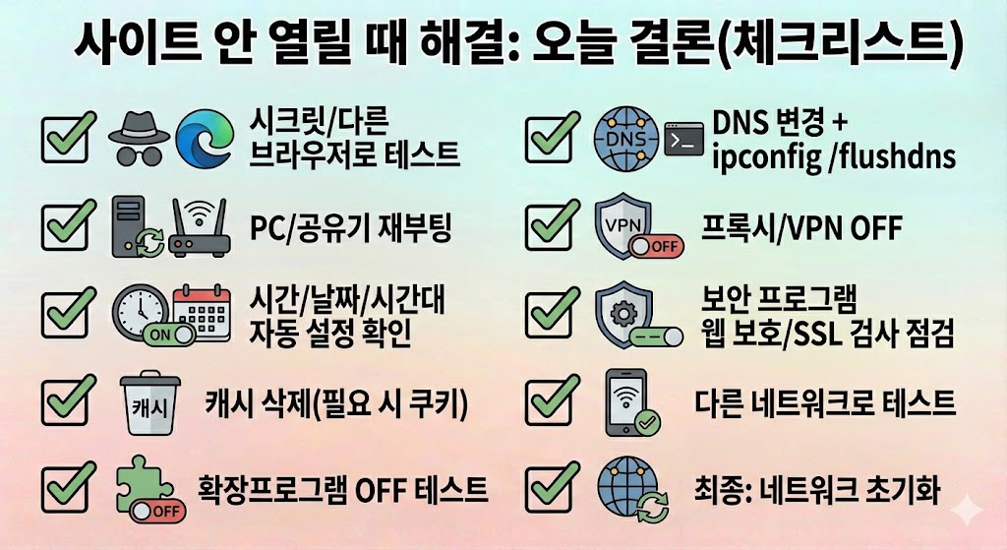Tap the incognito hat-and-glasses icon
(x=137, y=139)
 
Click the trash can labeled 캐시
(x=145, y=403)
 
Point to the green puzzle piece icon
(x=145, y=485)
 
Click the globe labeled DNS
(x=625, y=139)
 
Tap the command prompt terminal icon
(x=685, y=139)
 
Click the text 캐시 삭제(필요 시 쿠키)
(x=335, y=403)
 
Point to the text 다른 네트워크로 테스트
(x=823, y=401)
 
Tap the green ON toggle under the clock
(x=158, y=336)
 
